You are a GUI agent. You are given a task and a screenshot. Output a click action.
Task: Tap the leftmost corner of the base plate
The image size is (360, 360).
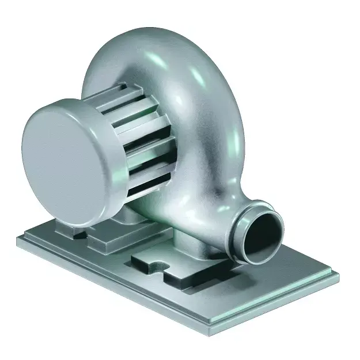point(17,237)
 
